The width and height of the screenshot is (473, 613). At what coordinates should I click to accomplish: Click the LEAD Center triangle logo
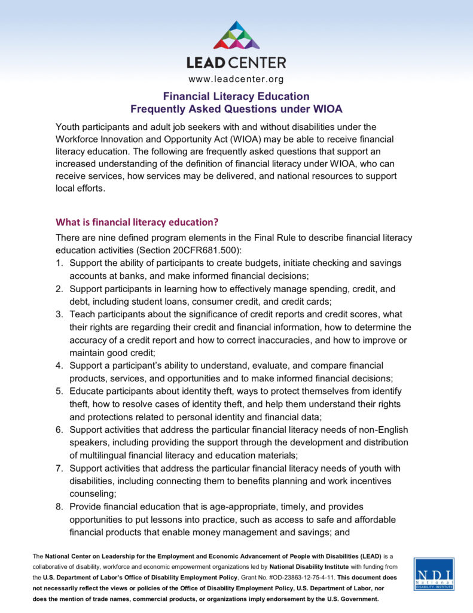[236, 35]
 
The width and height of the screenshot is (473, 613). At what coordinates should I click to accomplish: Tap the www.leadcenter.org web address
[236, 79]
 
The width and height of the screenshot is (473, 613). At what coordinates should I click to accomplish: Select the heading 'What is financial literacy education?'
[137, 222]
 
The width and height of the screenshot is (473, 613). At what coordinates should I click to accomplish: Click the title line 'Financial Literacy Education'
[237, 96]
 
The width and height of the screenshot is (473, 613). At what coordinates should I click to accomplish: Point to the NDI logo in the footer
[434, 574]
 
